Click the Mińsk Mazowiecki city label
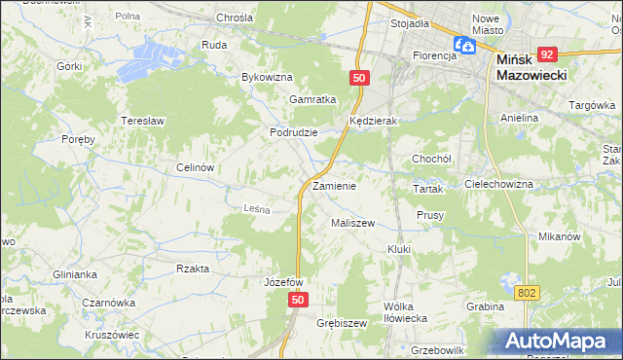(x=531, y=67)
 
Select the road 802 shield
(x=527, y=292)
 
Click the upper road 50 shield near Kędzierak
(x=360, y=78)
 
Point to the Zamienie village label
(x=334, y=185)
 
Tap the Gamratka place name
(x=312, y=99)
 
